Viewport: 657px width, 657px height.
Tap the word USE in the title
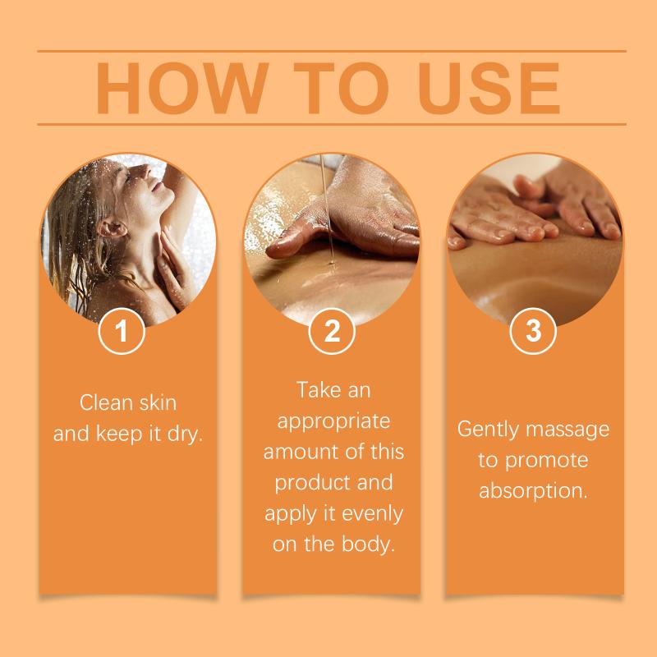pyautogui.click(x=489, y=88)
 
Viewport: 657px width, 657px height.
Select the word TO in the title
pyautogui.click(x=341, y=88)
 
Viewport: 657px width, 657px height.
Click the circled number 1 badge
pyautogui.click(x=122, y=331)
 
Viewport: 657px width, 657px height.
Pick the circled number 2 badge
pyautogui.click(x=332, y=331)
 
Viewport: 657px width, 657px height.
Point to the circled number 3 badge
pyautogui.click(x=533, y=331)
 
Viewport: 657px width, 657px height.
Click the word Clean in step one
pyautogui.click(x=107, y=402)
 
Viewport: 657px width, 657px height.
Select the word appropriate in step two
pyautogui.click(x=333, y=422)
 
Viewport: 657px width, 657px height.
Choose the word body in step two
pyautogui.click(x=368, y=544)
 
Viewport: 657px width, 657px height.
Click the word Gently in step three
pyautogui.click(x=488, y=430)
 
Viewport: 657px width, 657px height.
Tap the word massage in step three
pyautogui.click(x=567, y=430)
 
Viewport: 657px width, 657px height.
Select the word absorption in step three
pyautogui.click(x=533, y=491)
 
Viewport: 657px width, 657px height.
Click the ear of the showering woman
pyautogui.click(x=110, y=228)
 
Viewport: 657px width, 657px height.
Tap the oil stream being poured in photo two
pyautogui.click(x=327, y=209)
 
